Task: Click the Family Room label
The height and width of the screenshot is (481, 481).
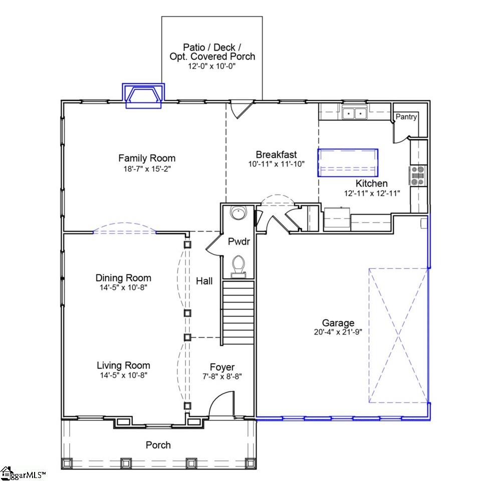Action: (147, 158)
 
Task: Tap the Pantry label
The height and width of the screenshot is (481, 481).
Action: (406, 117)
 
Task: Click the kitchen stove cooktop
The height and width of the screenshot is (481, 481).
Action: (417, 175)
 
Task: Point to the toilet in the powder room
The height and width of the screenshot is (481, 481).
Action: (238, 266)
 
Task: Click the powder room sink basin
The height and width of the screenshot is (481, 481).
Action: (238, 213)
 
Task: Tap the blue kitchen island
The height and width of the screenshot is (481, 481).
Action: (348, 162)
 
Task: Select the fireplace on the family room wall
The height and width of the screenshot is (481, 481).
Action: (144, 96)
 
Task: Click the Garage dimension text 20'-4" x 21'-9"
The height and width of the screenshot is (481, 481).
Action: (338, 332)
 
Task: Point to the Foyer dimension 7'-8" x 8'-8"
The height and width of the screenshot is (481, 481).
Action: (222, 376)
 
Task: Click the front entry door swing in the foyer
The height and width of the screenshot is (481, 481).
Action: (222, 404)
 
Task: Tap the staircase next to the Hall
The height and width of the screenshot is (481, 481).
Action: (238, 312)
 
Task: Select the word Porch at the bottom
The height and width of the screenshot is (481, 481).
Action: (158, 445)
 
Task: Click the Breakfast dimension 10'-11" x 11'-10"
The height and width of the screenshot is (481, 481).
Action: (277, 164)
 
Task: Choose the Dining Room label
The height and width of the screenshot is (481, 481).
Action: (123, 278)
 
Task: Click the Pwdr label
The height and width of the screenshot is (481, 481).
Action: (239, 242)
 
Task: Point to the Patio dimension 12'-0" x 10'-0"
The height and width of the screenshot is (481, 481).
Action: (211, 66)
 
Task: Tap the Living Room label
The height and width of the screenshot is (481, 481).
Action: (123, 365)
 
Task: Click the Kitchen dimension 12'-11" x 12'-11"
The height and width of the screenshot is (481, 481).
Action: (372, 193)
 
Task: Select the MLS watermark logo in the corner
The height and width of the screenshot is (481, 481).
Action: (23, 474)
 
